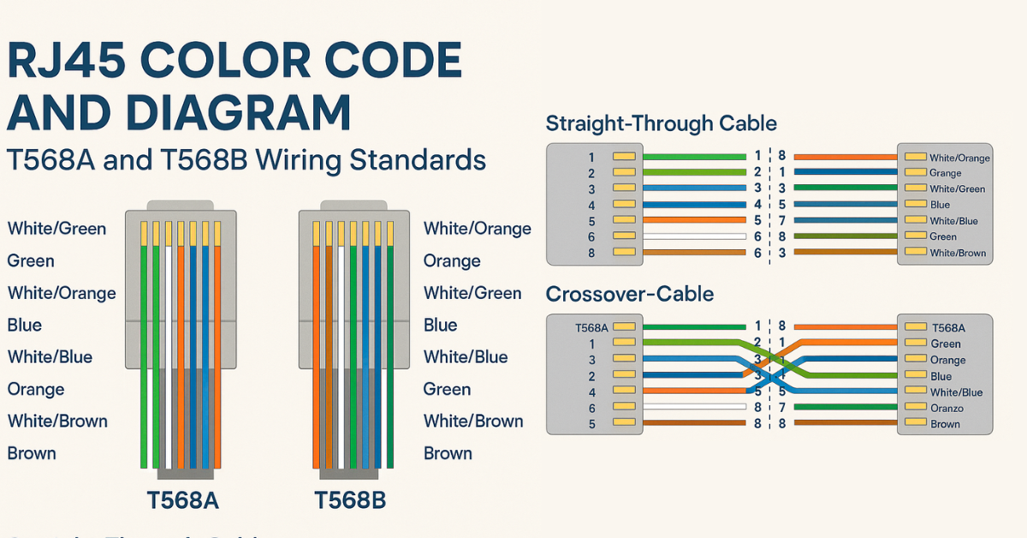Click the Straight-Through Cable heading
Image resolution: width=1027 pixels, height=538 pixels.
coord(661,123)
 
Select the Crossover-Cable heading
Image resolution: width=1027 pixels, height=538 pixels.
coord(629,295)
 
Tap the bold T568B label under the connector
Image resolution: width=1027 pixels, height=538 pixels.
coord(349,499)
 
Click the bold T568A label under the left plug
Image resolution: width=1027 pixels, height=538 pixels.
coord(182,499)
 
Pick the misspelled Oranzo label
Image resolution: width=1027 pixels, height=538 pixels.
coord(947,408)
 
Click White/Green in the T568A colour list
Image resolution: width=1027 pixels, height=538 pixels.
coord(56,229)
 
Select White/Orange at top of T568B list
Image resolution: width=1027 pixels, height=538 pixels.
coord(477,229)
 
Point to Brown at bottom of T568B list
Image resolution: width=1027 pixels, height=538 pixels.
coord(448,453)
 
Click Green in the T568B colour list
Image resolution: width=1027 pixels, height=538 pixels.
coord(447,389)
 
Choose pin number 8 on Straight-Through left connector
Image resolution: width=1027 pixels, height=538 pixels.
coord(591,253)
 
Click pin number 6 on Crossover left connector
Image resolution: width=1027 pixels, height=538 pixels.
coord(591,408)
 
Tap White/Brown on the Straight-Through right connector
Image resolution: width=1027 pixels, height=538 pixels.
coord(958,253)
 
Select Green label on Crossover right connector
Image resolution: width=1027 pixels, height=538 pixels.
coord(945,344)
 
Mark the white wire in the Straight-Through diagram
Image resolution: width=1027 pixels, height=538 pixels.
coord(693,236)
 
